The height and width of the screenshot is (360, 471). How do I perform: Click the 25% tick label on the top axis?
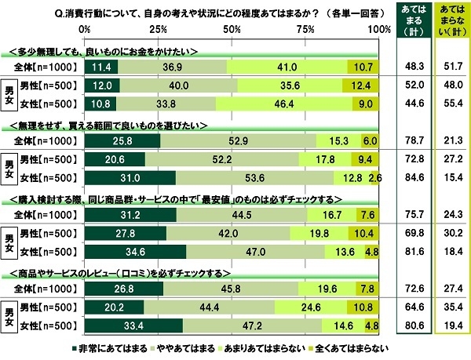[158, 29]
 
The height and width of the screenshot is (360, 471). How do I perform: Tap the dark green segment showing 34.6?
[135, 252]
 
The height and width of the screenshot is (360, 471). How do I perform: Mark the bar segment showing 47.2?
[253, 325]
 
